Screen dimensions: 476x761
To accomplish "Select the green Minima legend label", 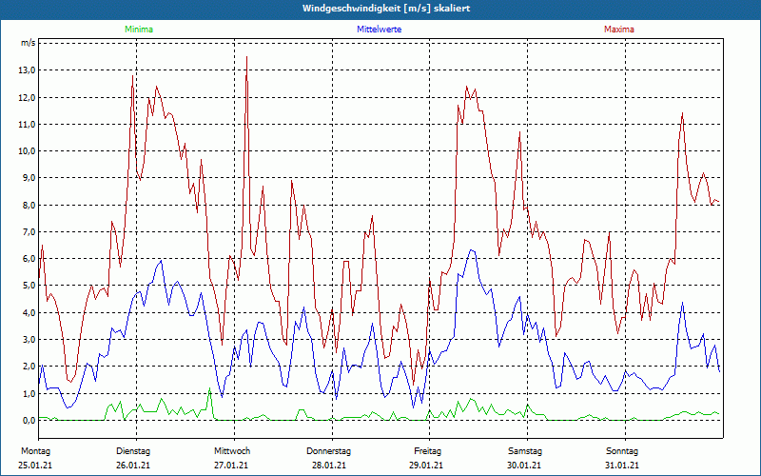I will (138, 30).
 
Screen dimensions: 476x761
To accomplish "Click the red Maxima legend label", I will (619, 30).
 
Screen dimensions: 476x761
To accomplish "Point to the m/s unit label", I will (28, 43).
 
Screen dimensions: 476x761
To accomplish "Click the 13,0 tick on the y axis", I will (27, 70).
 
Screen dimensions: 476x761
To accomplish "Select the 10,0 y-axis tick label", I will (27, 151).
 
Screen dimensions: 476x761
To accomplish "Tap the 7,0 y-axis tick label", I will (28, 232).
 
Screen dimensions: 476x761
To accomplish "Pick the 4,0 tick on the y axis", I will (28, 312).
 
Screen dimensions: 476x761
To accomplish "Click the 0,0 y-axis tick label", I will (28, 420).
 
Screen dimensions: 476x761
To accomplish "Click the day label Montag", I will (35, 450).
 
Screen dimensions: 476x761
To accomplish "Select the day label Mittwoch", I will (232, 450).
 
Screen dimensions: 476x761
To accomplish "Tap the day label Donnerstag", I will (329, 450).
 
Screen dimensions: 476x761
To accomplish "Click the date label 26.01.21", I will (133, 465).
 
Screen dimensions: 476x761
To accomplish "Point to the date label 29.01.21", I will (426, 465).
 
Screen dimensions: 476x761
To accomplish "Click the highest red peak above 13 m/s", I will (247, 58).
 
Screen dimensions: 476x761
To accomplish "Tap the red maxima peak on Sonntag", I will (682, 114).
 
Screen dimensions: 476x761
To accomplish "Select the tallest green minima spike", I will (209, 388).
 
